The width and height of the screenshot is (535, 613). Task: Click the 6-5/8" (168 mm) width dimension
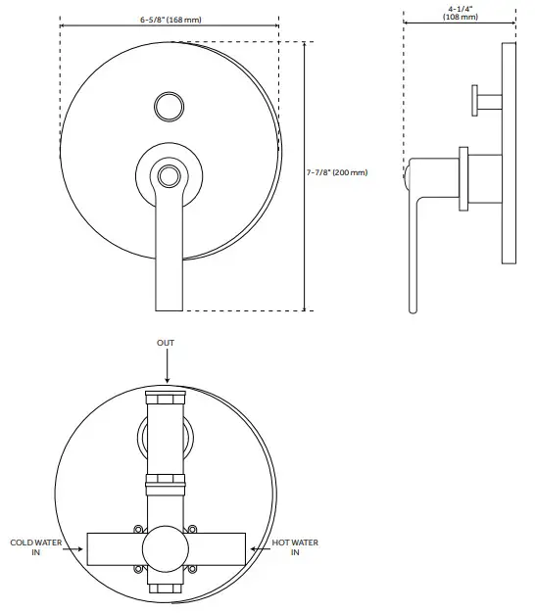point(170,20)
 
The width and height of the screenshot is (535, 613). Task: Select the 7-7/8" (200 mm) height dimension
point(337,172)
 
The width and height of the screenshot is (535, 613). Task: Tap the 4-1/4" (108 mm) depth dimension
point(461,14)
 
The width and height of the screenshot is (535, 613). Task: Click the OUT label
point(168,344)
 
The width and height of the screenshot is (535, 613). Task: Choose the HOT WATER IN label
point(296,547)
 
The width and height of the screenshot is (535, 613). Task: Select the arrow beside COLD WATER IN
point(73,549)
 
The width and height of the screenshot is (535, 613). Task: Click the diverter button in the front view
point(170,105)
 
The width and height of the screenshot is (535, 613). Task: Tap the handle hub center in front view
point(170,176)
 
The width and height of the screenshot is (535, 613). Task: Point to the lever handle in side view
point(416,235)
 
